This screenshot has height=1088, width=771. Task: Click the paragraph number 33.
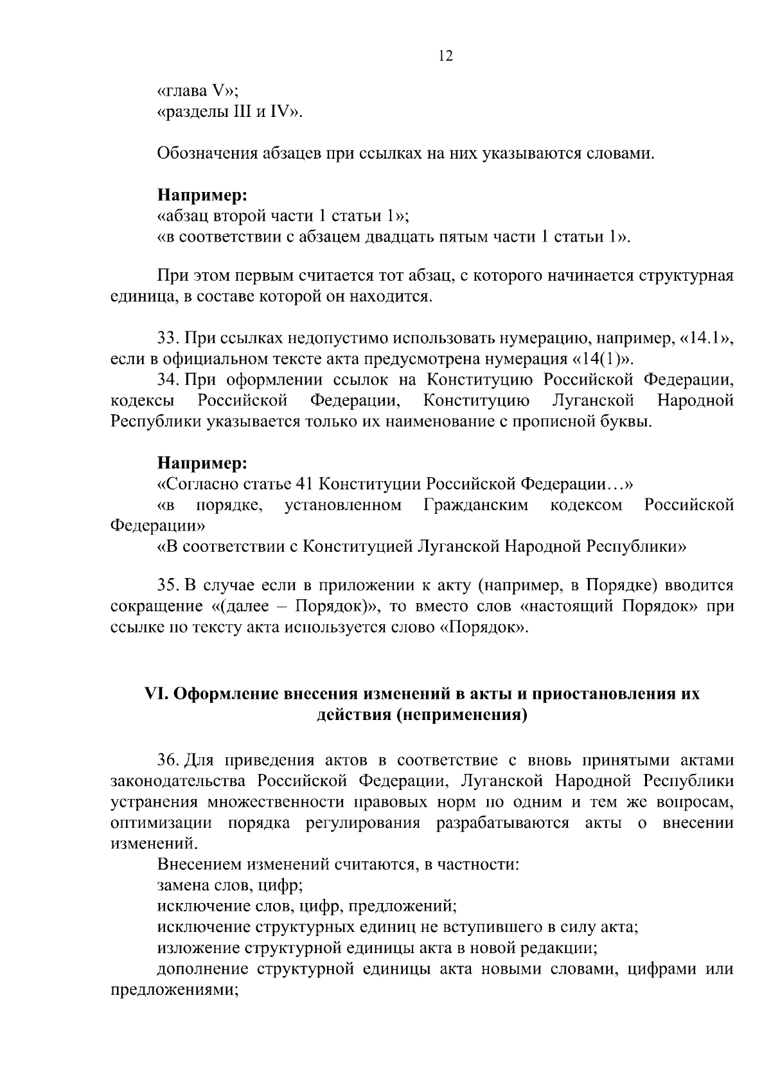pyautogui.click(x=166, y=338)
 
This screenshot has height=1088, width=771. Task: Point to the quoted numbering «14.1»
pyautogui.click(x=705, y=338)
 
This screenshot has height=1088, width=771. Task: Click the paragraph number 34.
pyautogui.click(x=166, y=380)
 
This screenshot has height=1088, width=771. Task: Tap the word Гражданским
pyautogui.click(x=476, y=505)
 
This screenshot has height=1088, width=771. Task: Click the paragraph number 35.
pyautogui.click(x=166, y=585)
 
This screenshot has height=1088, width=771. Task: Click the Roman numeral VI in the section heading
pyautogui.click(x=155, y=694)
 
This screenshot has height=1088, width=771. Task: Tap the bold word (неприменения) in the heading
pyautogui.click(x=461, y=715)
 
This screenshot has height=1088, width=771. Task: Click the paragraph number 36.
pyautogui.click(x=166, y=760)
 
